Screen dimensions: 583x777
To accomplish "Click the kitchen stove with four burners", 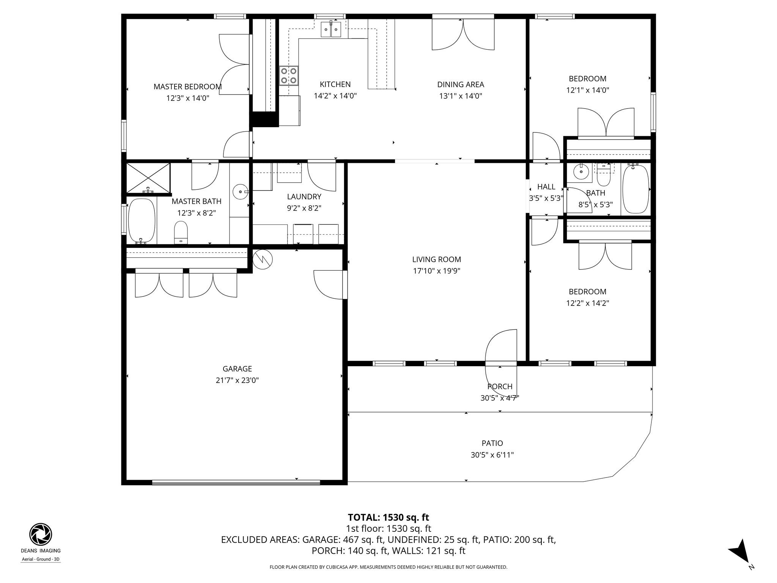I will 289,76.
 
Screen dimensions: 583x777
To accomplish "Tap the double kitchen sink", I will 331,30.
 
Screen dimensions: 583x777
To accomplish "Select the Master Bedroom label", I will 187,87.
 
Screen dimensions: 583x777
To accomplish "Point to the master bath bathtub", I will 142,221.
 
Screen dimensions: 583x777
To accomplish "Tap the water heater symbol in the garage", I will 263,259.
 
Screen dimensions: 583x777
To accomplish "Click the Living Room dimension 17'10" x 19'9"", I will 436,271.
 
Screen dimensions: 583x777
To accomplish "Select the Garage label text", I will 237,369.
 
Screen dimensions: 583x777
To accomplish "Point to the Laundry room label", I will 304,197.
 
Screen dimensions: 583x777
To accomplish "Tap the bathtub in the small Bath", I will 636,189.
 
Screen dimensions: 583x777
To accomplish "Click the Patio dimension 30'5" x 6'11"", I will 492,455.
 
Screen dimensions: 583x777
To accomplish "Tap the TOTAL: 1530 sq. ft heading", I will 388,517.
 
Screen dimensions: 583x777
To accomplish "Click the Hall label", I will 546,187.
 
